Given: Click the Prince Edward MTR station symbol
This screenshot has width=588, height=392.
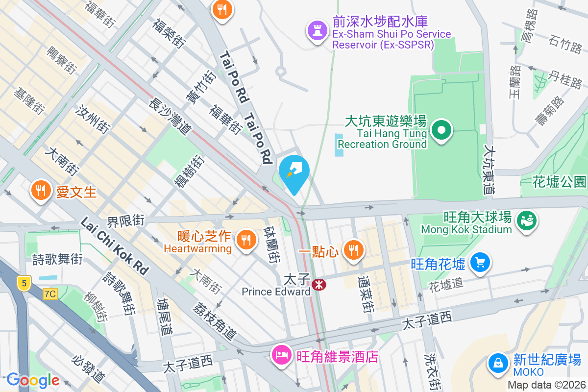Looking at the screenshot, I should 319,284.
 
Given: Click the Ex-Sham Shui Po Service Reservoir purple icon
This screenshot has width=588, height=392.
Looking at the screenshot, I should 317,30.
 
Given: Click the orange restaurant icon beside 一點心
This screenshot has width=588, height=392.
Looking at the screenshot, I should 352,250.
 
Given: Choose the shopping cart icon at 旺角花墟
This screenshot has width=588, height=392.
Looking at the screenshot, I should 480,263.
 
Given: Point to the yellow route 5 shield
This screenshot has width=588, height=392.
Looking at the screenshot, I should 23,283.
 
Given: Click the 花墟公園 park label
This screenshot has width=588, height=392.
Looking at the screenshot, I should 559,182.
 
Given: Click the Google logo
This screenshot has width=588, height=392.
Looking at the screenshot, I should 33,380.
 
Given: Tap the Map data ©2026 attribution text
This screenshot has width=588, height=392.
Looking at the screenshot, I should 546,385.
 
